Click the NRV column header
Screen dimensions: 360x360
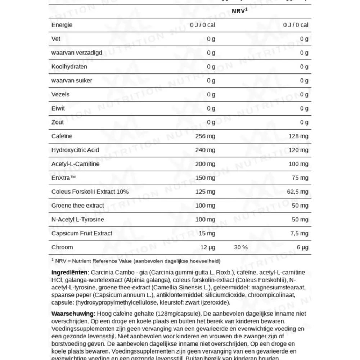click(239, 11)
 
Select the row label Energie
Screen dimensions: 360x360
click(62, 25)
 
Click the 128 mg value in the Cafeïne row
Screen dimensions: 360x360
click(298, 136)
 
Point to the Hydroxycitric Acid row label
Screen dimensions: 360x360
click(75, 150)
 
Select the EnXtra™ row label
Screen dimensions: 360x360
click(63, 178)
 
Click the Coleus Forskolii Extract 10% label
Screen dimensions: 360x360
click(90, 192)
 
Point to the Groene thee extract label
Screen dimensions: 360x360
click(78, 206)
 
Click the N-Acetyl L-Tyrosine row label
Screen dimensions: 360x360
click(78, 220)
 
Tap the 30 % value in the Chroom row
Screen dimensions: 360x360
click(240, 247)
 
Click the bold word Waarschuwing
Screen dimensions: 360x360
click(73, 314)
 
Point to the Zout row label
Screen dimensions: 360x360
click(58, 122)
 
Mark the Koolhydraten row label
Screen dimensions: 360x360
click(69, 67)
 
